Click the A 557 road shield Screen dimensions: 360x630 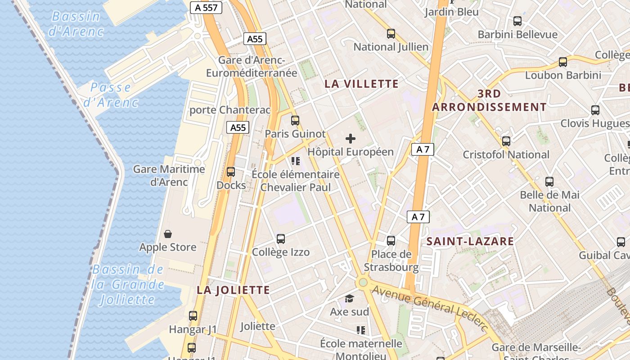(x=206, y=8)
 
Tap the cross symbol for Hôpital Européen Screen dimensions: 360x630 (x=351, y=139)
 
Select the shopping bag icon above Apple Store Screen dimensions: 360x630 (x=168, y=234)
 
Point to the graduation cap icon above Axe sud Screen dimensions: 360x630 (x=349, y=299)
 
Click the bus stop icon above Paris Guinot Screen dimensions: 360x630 (x=295, y=121)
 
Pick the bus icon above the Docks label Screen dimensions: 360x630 (x=231, y=172)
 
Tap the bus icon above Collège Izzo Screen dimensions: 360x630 (x=281, y=239)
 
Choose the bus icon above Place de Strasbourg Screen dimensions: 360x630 (x=391, y=241)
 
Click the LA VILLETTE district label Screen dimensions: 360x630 (x=361, y=84)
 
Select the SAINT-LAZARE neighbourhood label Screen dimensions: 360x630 (x=470, y=241)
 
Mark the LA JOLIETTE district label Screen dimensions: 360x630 (x=233, y=290)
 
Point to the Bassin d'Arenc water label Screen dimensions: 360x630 (x=76, y=24)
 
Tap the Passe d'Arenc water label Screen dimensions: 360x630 (x=111, y=94)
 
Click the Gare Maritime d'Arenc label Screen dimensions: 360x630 (x=169, y=175)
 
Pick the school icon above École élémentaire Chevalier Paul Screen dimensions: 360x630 (x=296, y=161)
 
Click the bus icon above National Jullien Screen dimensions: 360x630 (x=391, y=33)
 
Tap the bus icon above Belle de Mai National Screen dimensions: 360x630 (x=549, y=182)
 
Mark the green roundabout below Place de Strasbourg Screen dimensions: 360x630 (x=363, y=283)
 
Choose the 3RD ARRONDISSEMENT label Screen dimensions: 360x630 (x=489, y=100)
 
